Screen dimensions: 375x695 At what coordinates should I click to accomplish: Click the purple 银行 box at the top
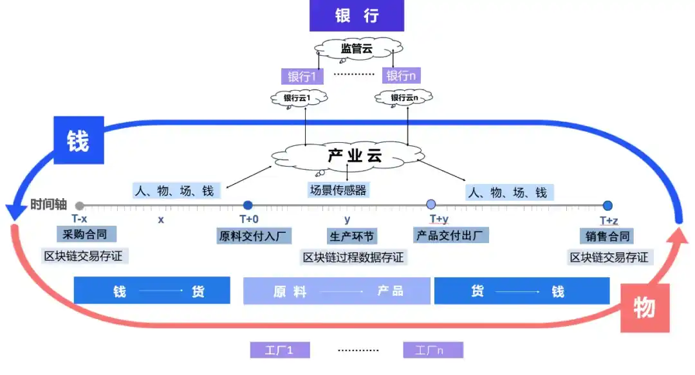pyautogui.click(x=357, y=15)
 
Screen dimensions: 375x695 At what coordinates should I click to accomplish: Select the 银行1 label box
pyautogui.click(x=301, y=76)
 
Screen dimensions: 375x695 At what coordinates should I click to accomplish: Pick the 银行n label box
pyautogui.click(x=400, y=76)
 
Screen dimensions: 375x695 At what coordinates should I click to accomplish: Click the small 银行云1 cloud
pyautogui.click(x=297, y=98)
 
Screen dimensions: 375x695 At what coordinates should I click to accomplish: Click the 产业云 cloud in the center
pyautogui.click(x=348, y=156)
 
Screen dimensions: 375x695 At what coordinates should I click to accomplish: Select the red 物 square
pyautogui.click(x=644, y=308)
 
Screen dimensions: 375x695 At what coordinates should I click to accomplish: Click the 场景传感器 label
pyautogui.click(x=338, y=190)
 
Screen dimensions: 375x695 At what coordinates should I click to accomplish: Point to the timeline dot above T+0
pyautogui.click(x=248, y=206)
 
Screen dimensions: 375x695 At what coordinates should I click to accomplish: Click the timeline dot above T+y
pyautogui.click(x=431, y=205)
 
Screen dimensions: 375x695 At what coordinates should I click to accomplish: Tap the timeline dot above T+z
pyautogui.click(x=607, y=206)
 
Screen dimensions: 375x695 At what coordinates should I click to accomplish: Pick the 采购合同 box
pyautogui.click(x=82, y=233)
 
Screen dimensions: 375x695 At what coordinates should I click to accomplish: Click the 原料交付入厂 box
pyautogui.click(x=254, y=235)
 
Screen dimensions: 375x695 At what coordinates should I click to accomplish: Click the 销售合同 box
pyautogui.click(x=607, y=235)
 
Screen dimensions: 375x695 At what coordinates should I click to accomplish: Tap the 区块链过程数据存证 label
pyautogui.click(x=353, y=258)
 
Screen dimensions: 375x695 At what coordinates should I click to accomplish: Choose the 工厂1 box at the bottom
pyautogui.click(x=280, y=350)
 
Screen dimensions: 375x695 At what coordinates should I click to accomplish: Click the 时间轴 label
pyautogui.click(x=48, y=205)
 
